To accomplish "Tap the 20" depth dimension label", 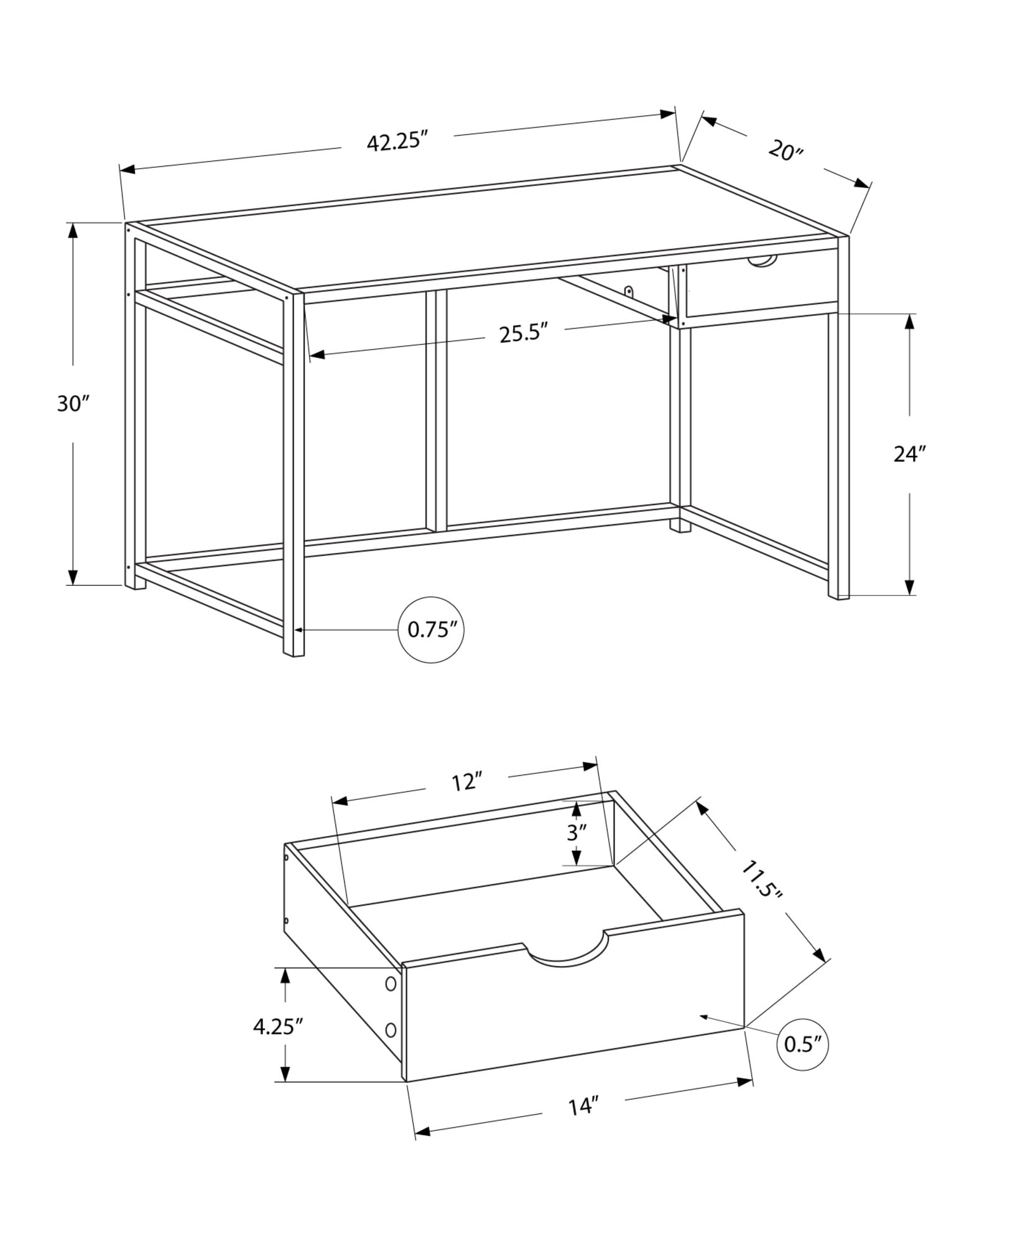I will (786, 151).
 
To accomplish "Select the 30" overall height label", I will (73, 404).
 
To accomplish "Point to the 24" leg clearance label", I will (910, 454).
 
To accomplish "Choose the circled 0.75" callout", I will (431, 629).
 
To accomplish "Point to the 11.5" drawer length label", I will (761, 879).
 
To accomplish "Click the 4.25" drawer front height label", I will (277, 1026).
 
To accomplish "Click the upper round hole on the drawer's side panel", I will (391, 984).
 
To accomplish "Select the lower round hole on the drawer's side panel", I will (391, 1030).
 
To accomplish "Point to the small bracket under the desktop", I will (629, 291).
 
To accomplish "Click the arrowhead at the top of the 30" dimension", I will (73, 230).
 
